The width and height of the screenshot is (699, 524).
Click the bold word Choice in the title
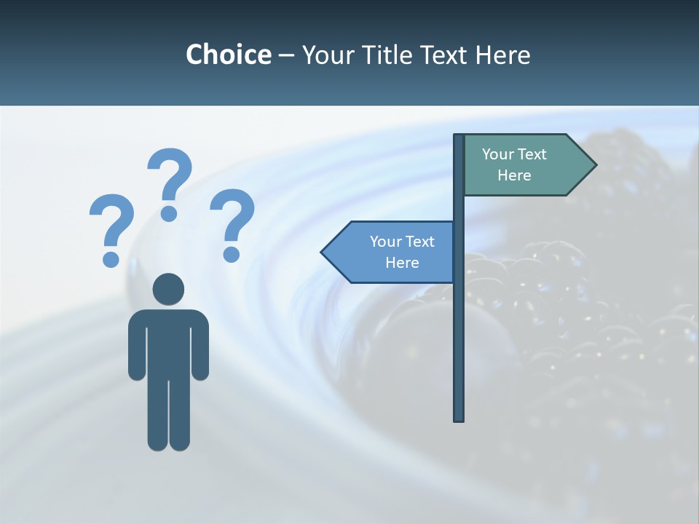point(228,55)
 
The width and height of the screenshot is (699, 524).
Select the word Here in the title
point(503,55)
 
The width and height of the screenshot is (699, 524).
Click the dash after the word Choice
point(286,55)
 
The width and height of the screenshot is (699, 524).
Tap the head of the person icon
point(168,289)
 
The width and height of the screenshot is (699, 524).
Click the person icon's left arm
point(136,346)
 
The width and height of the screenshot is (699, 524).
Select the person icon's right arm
point(200,346)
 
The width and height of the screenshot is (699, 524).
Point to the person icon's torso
point(168,342)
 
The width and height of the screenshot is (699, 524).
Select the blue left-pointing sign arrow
point(389,252)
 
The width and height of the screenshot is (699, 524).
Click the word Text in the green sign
point(532,154)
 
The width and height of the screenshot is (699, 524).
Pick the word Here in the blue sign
point(402,263)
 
